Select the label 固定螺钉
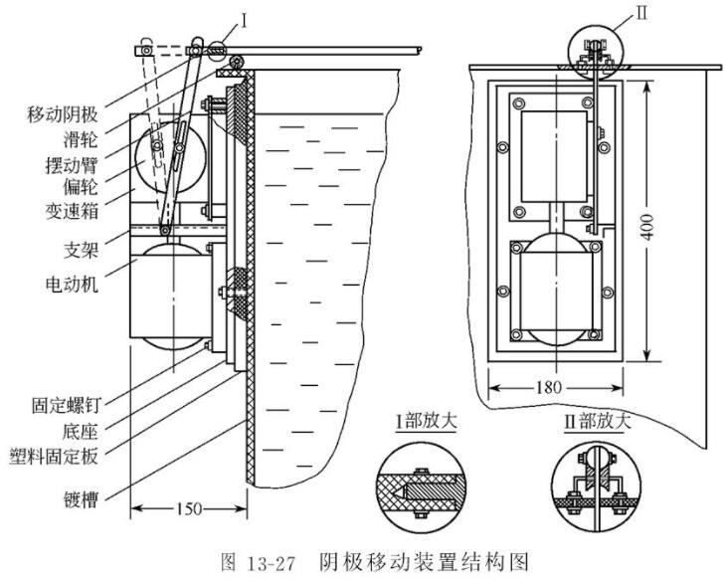point(62,406)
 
